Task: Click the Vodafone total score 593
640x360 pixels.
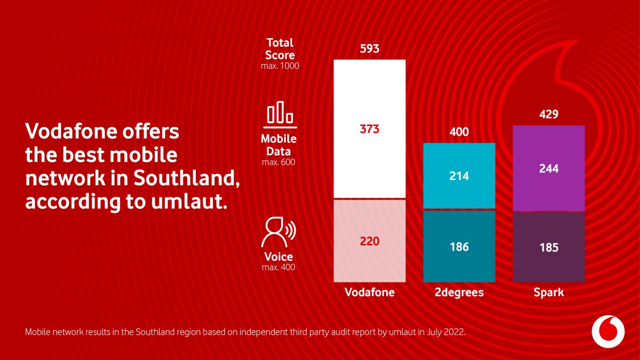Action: tap(370, 49)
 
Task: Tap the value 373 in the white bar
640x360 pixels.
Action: tap(370, 129)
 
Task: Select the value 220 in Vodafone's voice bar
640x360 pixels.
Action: tap(370, 241)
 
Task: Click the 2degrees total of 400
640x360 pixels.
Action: tap(459, 132)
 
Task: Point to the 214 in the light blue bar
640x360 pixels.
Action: tap(459, 176)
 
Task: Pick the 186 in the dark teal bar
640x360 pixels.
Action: tap(459, 247)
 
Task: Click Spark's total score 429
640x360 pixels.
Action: tap(548, 114)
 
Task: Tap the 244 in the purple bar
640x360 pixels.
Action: tap(548, 169)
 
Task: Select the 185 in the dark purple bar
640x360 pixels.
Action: tap(548, 248)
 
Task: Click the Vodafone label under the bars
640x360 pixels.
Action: tap(370, 293)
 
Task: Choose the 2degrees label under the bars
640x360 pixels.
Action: tap(459, 293)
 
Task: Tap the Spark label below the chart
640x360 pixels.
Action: tap(548, 293)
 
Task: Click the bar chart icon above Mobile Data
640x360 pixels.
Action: tap(280, 114)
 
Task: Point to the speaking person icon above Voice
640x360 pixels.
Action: tap(278, 233)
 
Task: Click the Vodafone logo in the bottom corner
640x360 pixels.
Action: tap(608, 331)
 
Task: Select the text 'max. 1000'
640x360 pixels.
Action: tap(280, 66)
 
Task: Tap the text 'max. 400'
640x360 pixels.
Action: tap(279, 267)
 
